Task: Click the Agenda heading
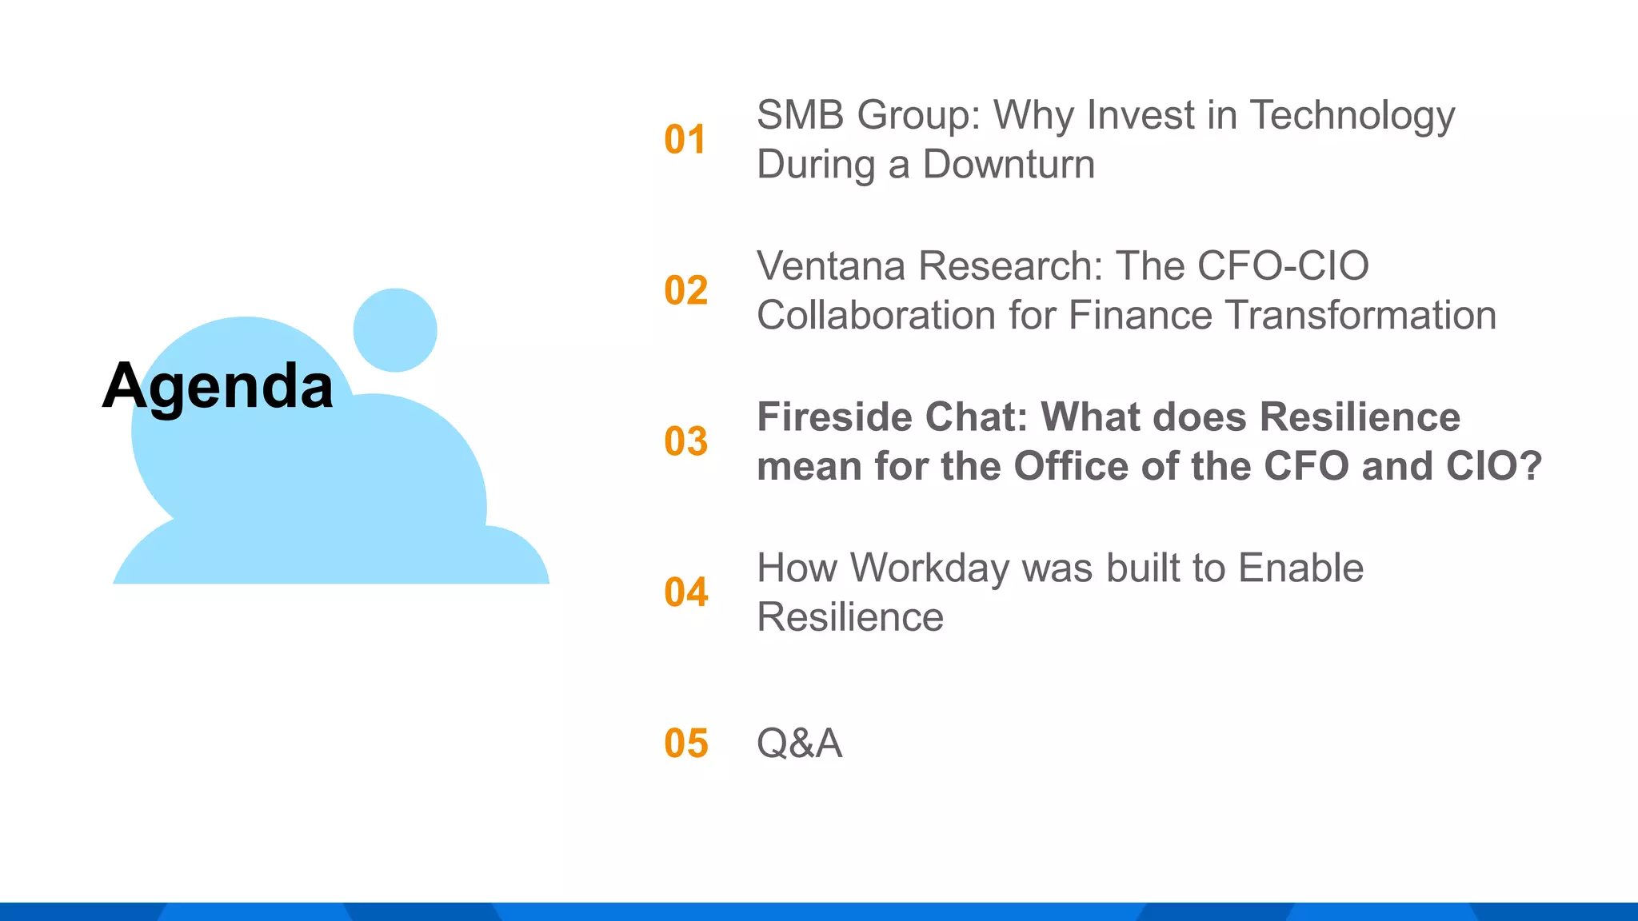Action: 218,387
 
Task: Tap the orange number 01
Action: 685,140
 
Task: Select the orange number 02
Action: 685,290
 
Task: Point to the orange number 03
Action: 685,441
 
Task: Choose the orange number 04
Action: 685,592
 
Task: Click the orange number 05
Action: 685,744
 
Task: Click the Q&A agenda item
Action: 799,744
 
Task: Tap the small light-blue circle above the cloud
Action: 395,330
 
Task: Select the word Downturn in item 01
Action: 1009,165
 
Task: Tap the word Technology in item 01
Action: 1352,117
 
